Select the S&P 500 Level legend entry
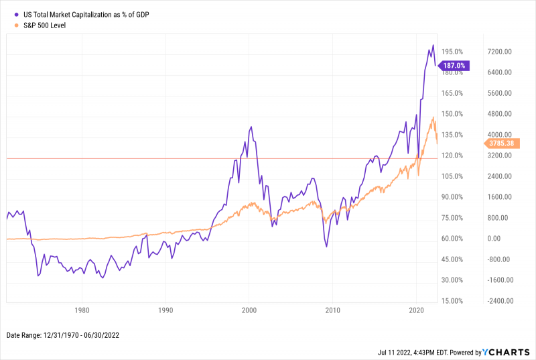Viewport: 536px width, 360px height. (x=48, y=25)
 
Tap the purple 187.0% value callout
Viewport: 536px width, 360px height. (x=454, y=66)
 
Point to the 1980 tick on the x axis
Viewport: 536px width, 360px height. (x=82, y=310)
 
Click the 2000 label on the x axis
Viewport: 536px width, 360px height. (x=249, y=310)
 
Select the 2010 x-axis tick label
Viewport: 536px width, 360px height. (x=332, y=310)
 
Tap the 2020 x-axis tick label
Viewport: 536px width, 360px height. (x=416, y=310)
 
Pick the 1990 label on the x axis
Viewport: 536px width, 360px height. (x=165, y=310)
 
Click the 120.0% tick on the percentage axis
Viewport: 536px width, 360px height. (x=453, y=156)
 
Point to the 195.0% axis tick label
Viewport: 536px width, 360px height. (x=453, y=52)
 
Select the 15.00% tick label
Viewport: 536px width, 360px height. (x=453, y=301)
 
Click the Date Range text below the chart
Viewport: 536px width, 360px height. (x=63, y=335)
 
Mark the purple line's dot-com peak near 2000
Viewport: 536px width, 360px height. (x=251, y=127)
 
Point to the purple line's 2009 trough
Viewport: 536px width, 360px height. (x=326, y=247)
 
